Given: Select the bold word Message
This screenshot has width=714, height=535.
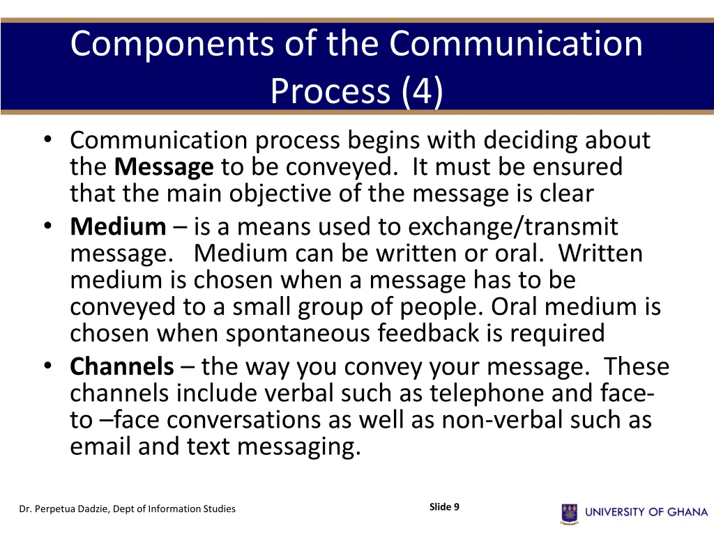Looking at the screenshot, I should (164, 167).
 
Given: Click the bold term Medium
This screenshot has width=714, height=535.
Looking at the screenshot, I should (118, 226).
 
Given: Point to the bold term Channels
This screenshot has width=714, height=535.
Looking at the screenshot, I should (122, 366).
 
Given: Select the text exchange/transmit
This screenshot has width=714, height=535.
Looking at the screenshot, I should (513, 226).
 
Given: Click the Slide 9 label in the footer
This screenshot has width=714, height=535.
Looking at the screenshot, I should (444, 507).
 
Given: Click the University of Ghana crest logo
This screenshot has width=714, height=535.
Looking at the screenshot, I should (569, 513).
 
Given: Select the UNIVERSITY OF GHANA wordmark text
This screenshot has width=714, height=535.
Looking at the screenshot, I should (646, 513).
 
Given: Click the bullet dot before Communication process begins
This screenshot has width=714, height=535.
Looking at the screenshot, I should (47, 139).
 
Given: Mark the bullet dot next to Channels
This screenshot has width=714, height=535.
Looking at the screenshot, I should (47, 366).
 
